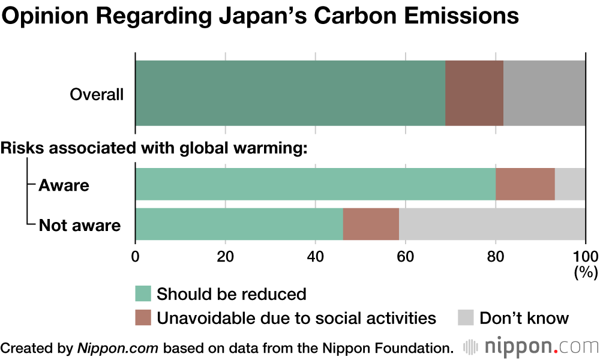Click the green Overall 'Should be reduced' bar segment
point(290,93)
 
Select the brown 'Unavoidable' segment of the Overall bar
point(474,93)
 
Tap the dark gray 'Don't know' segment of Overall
point(544,93)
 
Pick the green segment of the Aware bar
point(316,184)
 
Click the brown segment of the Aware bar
point(525,184)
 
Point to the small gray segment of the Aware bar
point(570,184)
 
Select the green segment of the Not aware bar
point(239,224)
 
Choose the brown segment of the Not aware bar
point(371,224)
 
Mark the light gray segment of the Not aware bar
point(492,224)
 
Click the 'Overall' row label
point(97,94)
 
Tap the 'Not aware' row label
point(80,226)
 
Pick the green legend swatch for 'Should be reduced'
point(143,294)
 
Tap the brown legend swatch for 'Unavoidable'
point(143,317)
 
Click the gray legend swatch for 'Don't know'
point(466,317)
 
